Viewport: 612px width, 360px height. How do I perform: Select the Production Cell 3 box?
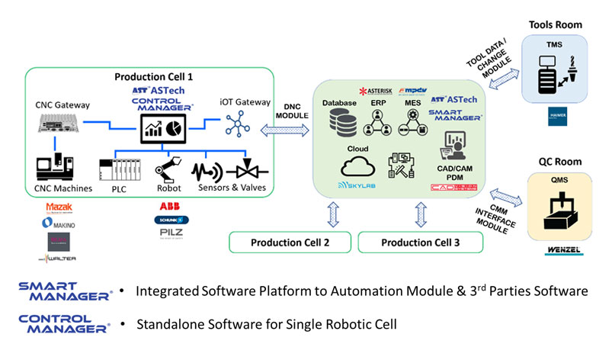point(420,243)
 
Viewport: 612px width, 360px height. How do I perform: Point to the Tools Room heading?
point(556,24)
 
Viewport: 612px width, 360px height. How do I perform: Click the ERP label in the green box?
point(377,101)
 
